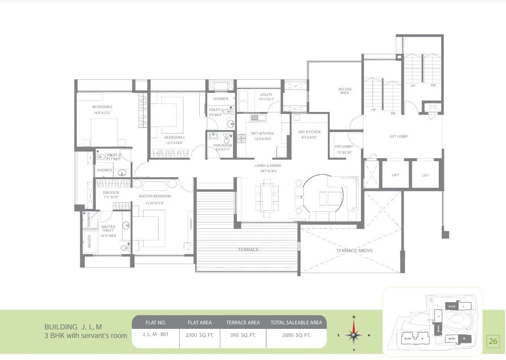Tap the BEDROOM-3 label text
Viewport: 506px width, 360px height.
pos(175,137)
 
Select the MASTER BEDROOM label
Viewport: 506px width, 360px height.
pos(155,196)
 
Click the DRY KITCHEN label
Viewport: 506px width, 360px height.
pos(310,132)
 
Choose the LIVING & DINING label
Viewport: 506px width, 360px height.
pos(268,165)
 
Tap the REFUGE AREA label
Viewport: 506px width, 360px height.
pos(344,91)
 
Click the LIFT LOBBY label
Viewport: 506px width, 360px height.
pos(399,137)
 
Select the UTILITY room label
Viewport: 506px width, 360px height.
pos(266,94)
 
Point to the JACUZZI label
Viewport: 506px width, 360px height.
pos(89,242)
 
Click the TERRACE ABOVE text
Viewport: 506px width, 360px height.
pos(354,250)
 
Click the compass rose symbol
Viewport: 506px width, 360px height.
pos(354,334)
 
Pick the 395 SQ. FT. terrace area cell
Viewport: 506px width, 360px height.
pos(243,335)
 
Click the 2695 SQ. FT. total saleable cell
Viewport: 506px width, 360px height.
pos(296,335)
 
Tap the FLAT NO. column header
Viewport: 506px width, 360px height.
pos(156,322)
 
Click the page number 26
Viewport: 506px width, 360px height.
pos(492,341)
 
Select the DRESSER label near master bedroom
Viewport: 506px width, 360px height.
pos(111,192)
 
